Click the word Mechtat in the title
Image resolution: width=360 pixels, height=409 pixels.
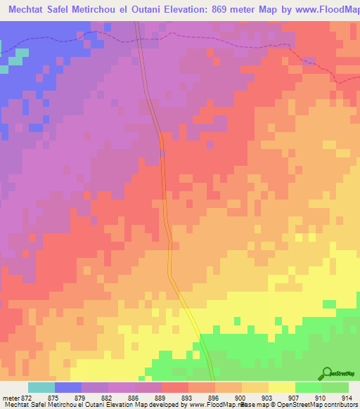click(32, 9)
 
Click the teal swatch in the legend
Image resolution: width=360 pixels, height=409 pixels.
click(41, 387)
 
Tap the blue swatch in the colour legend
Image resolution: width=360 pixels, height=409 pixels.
click(68, 387)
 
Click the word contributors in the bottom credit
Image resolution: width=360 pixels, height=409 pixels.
click(340, 405)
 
